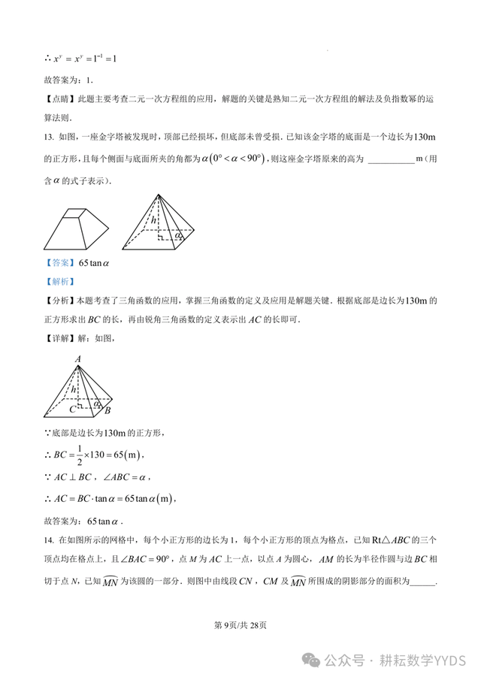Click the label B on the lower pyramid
pyautogui.click(x=107, y=411)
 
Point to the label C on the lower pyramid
pyautogui.click(x=72, y=410)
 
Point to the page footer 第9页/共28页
pyautogui.click(x=240, y=624)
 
